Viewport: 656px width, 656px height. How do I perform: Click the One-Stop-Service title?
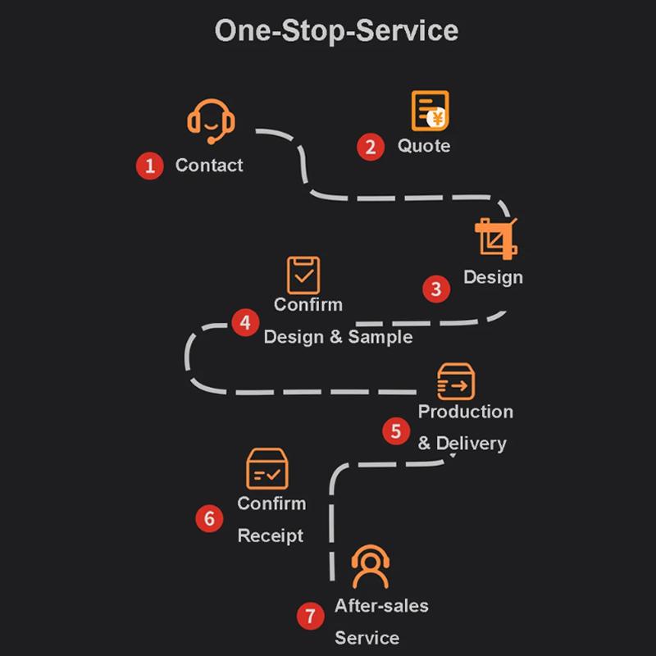[x=336, y=31]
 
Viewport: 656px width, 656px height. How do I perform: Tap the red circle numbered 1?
[x=149, y=166]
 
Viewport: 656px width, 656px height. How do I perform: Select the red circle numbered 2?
[x=371, y=147]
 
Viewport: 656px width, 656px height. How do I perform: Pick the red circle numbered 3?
[x=436, y=289]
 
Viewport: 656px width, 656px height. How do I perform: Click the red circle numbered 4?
[x=245, y=322]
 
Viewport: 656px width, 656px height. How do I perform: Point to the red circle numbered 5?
[x=396, y=430]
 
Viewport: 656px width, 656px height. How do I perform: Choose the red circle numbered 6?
[x=209, y=518]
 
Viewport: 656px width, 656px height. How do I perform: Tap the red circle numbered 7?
[x=310, y=616]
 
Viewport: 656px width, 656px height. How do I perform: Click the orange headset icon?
[x=211, y=121]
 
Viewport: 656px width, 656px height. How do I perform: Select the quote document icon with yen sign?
[x=430, y=111]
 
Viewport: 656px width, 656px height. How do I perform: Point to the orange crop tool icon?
[x=496, y=238]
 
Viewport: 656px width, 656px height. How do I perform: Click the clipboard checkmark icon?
[x=303, y=275]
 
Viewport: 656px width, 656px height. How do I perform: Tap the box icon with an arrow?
[x=456, y=381]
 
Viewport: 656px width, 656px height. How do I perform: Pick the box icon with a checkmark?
[x=267, y=469]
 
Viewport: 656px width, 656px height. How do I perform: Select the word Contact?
[x=209, y=166]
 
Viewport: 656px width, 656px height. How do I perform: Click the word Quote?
[x=424, y=146]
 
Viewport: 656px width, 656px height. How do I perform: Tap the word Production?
[x=466, y=412]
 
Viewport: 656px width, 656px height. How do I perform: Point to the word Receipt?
[x=271, y=536]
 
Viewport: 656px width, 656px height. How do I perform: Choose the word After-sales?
[x=381, y=606]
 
